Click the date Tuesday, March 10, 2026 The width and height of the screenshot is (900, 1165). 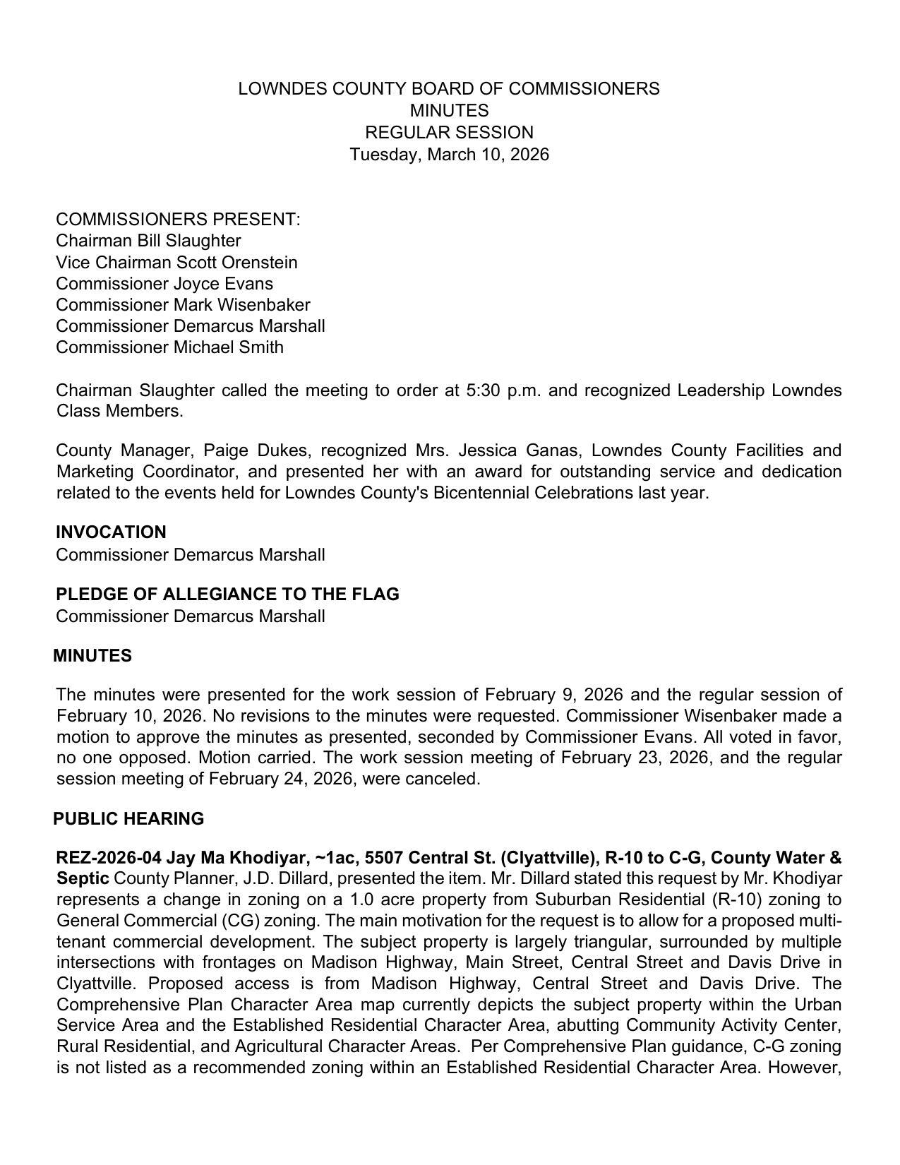coord(449,155)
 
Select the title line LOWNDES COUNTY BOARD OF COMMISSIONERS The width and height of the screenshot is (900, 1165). coord(449,89)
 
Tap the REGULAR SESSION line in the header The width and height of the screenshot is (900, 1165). coord(449,133)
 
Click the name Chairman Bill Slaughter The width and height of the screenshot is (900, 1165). coord(148,241)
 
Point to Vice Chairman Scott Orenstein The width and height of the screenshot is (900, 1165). coord(176,263)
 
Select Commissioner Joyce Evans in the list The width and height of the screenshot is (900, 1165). coord(164,284)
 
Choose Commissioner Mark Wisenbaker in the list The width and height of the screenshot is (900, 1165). coord(183,305)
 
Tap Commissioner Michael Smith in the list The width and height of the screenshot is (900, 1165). coord(169,347)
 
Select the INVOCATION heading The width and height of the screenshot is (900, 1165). coord(111,532)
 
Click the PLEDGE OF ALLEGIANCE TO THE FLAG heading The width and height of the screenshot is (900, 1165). coord(227,595)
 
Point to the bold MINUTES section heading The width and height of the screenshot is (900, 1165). coord(92,656)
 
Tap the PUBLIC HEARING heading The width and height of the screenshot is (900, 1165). coord(128,819)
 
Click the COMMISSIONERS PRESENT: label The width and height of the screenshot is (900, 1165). coord(178,220)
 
